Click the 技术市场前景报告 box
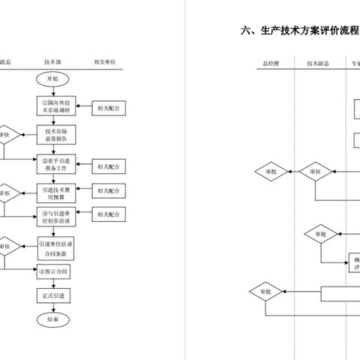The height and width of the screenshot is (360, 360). pos(56,136)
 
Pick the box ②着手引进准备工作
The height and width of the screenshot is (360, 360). pos(56,163)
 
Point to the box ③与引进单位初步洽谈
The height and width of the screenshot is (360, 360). pos(56,217)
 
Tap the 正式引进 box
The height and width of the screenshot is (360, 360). pos(56,296)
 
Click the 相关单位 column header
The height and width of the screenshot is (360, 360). pos(104,61)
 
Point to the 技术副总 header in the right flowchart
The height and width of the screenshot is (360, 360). pos(316,62)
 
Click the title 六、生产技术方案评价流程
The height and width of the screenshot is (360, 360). pos(299,31)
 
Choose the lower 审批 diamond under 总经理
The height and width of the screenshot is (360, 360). pos(265,292)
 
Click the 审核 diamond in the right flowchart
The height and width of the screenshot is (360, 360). pos(315,172)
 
